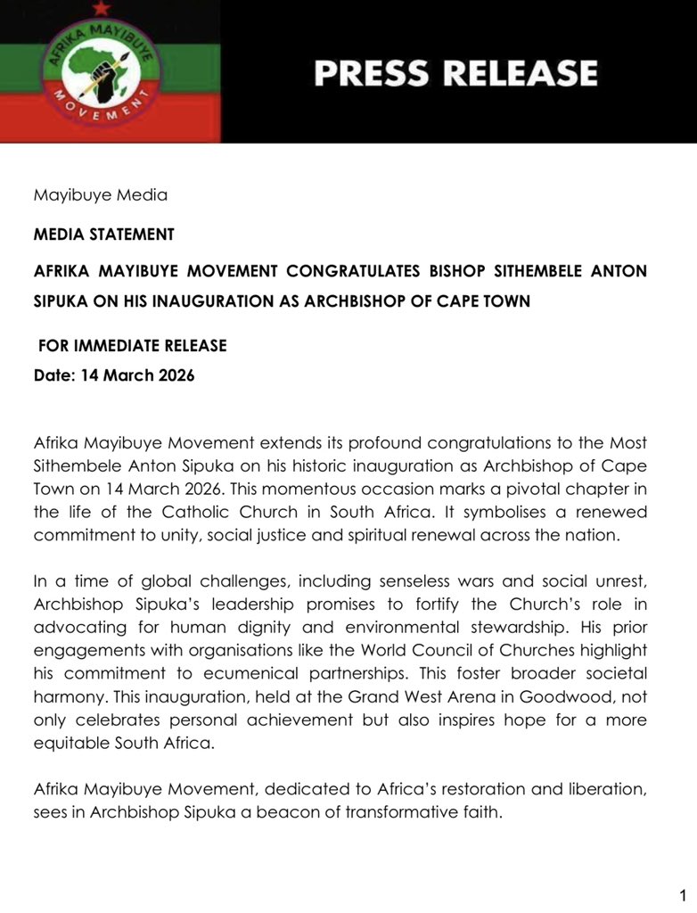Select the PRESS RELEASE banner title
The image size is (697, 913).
[455, 73]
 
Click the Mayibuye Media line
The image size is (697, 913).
[100, 194]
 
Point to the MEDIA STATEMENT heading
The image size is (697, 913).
[103, 234]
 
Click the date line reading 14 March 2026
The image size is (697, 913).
[114, 375]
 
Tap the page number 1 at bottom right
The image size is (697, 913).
[682, 895]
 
